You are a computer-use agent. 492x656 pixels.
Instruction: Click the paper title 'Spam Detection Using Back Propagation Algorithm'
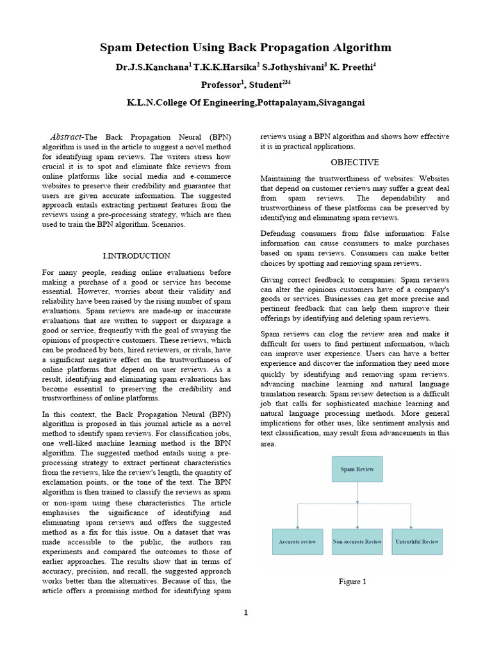coord(245,48)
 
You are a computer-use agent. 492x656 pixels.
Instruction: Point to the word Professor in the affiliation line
coord(221,85)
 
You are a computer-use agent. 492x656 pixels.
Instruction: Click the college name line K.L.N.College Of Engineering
coord(245,102)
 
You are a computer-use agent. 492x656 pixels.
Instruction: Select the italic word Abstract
coord(66,137)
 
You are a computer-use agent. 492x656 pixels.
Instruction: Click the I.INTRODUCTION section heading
coord(136,256)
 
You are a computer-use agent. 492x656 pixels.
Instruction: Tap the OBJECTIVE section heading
coord(354,162)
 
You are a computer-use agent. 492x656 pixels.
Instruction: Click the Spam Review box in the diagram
coord(357,469)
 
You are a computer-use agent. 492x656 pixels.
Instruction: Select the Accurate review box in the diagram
coord(297,541)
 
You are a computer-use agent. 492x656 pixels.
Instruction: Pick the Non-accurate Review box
coord(357,541)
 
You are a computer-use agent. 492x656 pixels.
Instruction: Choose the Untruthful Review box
coord(416,541)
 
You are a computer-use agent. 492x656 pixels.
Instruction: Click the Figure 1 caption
coord(352,582)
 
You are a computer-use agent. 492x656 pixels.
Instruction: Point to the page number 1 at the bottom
coord(245,613)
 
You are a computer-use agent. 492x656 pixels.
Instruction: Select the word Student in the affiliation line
coord(265,85)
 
